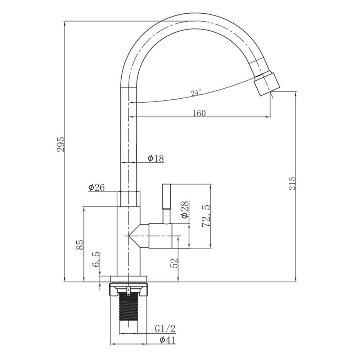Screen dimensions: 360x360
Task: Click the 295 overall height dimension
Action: (61, 144)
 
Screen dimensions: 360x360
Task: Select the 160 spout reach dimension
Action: (199, 113)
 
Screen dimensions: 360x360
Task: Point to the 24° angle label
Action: (196, 93)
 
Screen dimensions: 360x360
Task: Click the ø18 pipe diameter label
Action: (156, 158)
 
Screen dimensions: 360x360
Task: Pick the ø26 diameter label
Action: (96, 188)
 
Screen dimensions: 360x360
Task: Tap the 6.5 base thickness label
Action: (96, 259)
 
